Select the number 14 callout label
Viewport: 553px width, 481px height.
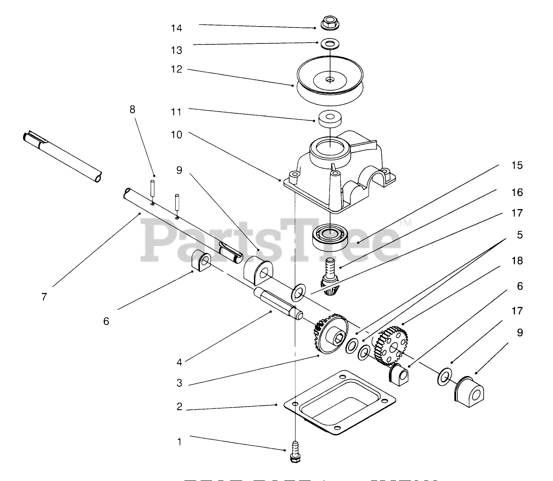[x=177, y=28]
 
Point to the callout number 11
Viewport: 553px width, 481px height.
[x=177, y=112]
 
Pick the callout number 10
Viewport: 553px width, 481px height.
[x=177, y=135]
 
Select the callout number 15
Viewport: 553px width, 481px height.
[x=517, y=165]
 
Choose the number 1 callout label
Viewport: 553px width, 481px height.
[x=179, y=442]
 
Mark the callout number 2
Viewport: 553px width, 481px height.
[x=179, y=407]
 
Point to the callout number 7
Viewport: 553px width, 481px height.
[x=44, y=297]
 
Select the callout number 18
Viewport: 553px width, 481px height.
[x=517, y=261]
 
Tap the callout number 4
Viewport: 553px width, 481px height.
[x=179, y=362]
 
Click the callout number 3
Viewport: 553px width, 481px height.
[x=179, y=383]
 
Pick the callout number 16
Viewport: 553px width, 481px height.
[x=517, y=192]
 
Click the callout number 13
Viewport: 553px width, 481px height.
[x=177, y=50]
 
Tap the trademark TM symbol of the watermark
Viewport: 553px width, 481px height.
[x=405, y=222]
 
